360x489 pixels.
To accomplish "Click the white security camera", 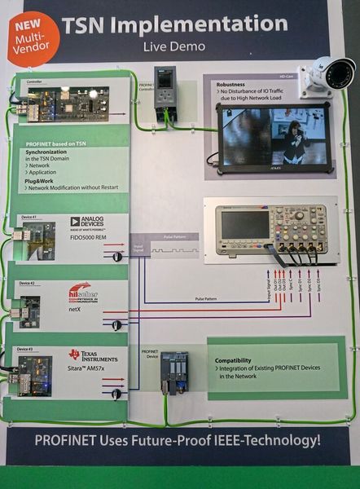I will tap(327, 74).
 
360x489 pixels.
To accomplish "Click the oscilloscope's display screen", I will tap(246, 223).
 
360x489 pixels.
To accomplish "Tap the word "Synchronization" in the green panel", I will tap(53, 152).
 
